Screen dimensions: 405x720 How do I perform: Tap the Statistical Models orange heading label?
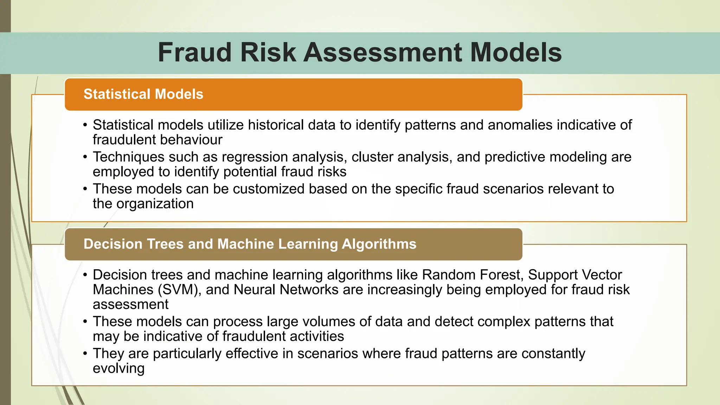point(143,94)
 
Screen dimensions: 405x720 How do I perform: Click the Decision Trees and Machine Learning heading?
point(250,244)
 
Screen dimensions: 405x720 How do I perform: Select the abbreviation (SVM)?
point(180,290)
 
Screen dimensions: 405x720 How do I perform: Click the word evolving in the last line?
point(118,368)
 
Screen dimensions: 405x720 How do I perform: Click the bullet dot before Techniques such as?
point(85,157)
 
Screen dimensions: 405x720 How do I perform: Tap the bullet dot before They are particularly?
point(85,354)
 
